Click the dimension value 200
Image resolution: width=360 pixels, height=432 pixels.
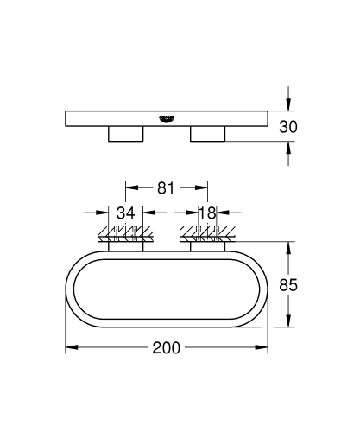[166, 348]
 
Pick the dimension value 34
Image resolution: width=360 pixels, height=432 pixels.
[126, 213]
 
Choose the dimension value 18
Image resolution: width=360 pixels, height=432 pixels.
[207, 213]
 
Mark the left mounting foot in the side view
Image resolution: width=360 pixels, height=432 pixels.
[125, 135]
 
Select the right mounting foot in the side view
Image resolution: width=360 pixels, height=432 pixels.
[206, 135]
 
